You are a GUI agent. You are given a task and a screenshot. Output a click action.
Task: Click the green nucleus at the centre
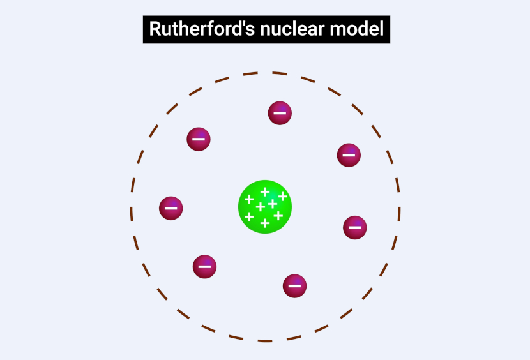point(265,206)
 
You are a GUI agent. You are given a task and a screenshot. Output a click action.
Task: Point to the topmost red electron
point(280,113)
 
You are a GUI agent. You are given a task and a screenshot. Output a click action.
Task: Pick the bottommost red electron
point(294,285)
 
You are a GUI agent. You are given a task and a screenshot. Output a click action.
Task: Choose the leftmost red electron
point(171,208)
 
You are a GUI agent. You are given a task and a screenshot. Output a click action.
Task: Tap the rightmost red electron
point(355,227)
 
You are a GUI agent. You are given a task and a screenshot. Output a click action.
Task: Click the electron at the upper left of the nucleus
point(199,139)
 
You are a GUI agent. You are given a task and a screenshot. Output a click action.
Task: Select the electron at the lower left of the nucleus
point(204,266)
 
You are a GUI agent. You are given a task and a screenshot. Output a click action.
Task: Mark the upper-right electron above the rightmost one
point(349,154)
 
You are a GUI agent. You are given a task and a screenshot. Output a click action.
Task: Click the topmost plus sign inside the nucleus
point(264,191)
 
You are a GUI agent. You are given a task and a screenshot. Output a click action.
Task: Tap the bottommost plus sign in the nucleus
point(265,223)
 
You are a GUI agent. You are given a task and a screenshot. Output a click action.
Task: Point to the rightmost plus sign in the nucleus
point(282,197)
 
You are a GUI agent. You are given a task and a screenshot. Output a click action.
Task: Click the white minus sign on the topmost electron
point(280,114)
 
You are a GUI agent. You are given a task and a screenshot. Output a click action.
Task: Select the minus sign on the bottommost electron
point(294,286)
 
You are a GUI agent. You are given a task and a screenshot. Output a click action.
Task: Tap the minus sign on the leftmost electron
point(171,208)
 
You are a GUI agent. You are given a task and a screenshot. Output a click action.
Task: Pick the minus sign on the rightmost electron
point(355,227)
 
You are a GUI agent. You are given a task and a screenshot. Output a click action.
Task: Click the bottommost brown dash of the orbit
point(265,340)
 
